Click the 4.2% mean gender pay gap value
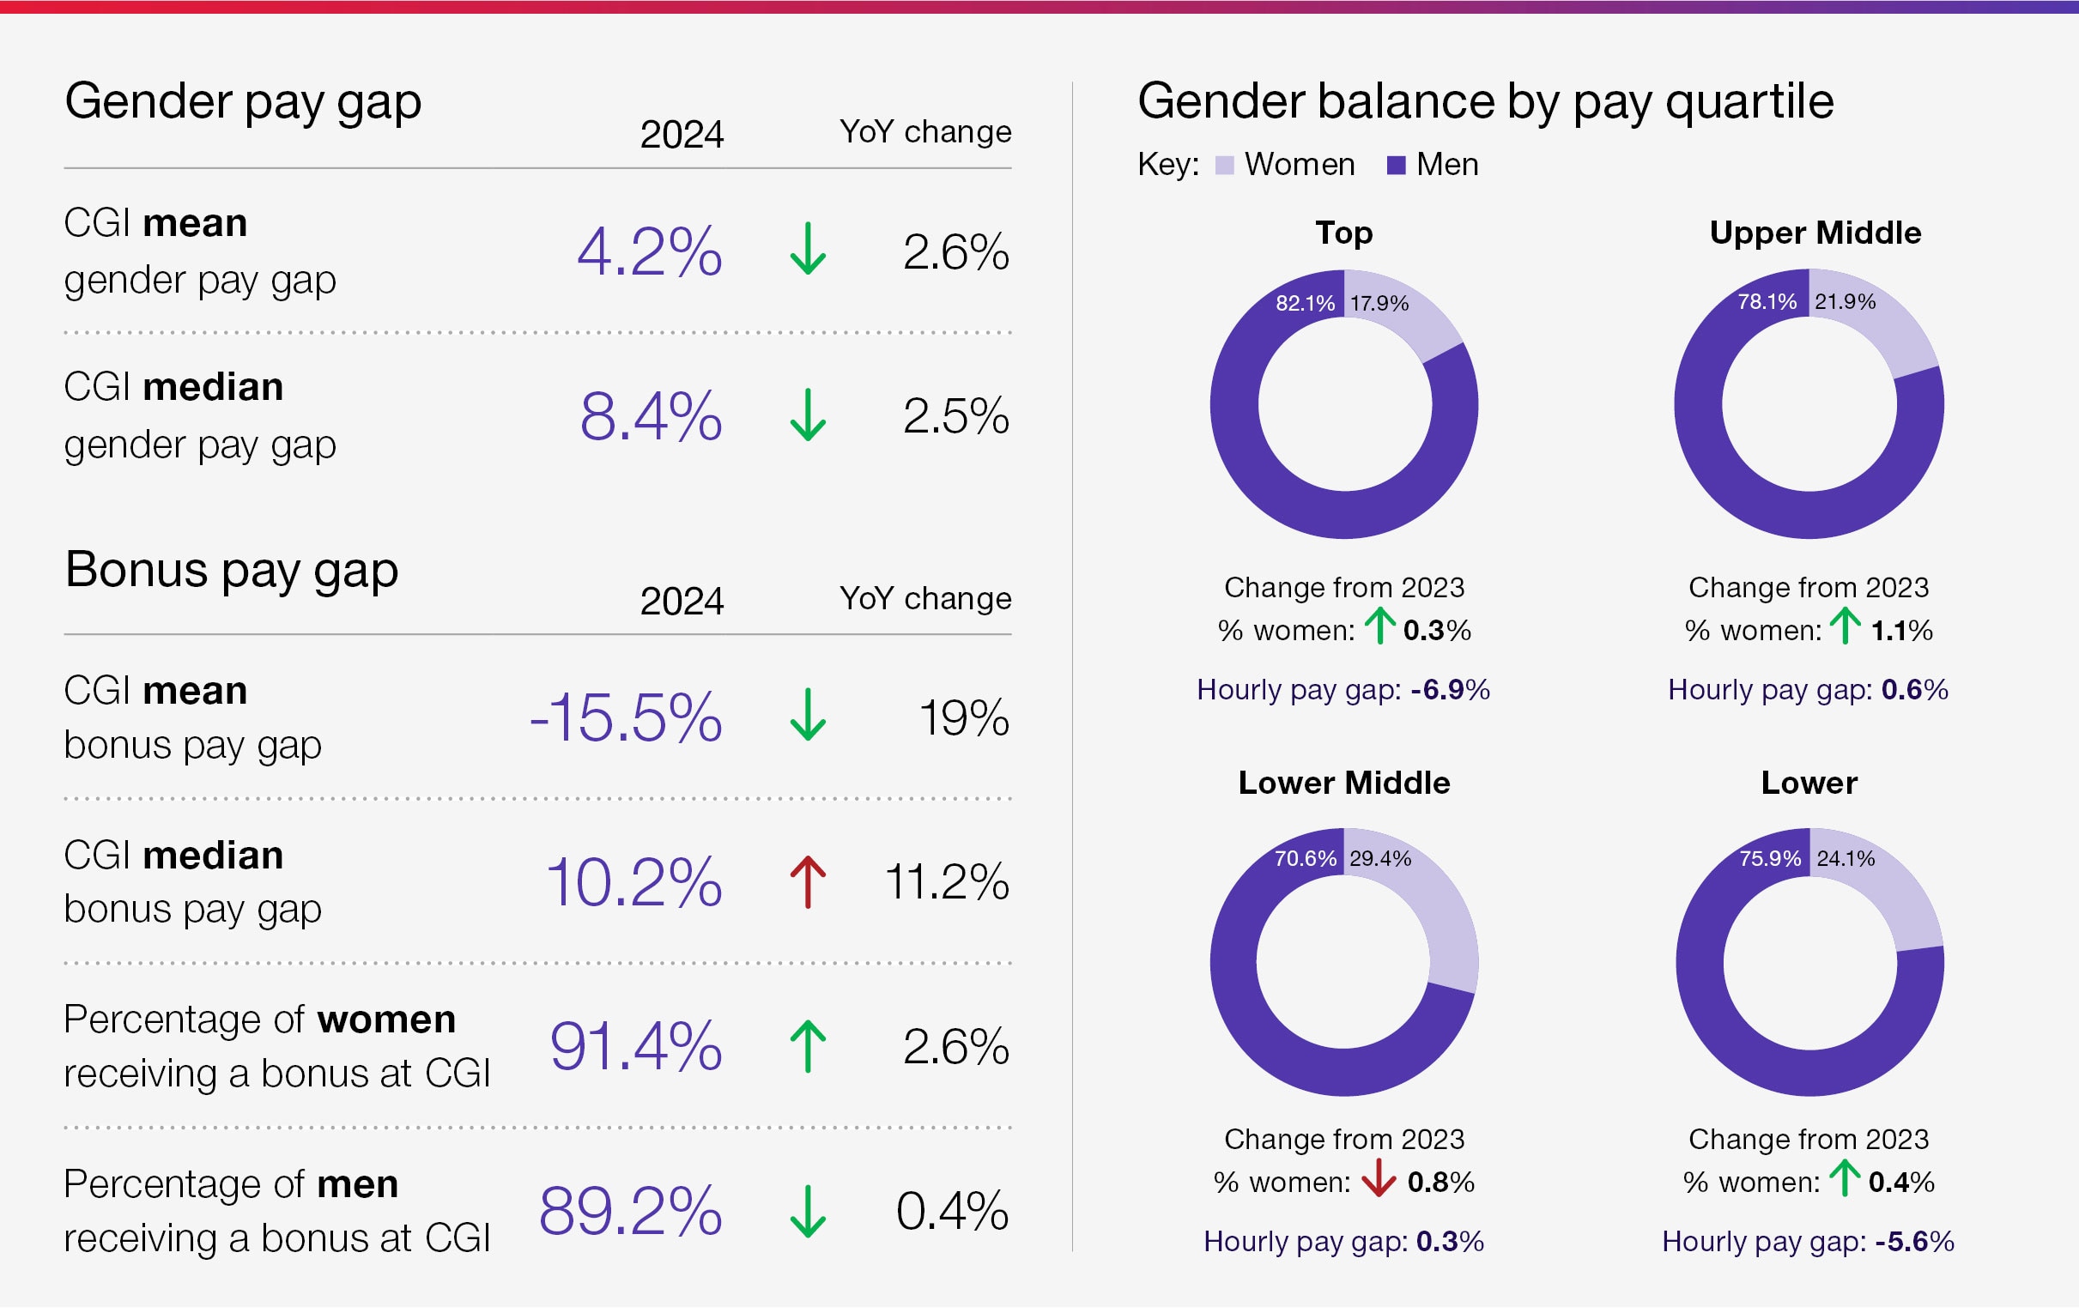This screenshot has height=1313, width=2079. pos(649,252)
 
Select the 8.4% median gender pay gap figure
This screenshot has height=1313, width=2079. pos(650,416)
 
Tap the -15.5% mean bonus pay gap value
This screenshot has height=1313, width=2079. pos(625,717)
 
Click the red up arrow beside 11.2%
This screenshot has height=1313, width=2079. pos(807,881)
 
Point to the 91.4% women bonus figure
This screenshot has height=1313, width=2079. pos(635,1046)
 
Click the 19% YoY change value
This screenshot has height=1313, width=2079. pos(963,717)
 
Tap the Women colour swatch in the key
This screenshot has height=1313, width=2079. pos(1224,165)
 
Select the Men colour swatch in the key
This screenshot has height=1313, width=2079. pos(1396,165)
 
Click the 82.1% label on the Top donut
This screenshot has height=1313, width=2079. pos(1305,303)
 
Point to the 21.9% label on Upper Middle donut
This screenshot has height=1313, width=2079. pos(1845,301)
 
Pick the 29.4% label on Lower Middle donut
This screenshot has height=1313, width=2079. pos(1379,858)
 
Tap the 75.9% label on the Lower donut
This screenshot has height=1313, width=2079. pos(1770,858)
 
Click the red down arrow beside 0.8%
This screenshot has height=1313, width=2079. pos(1379,1178)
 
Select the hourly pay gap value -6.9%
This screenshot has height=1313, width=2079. pos(1450,690)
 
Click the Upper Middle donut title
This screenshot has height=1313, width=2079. pos(1815,233)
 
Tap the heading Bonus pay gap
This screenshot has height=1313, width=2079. pos(232,570)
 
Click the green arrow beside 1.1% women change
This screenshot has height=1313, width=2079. pos(1845,626)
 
